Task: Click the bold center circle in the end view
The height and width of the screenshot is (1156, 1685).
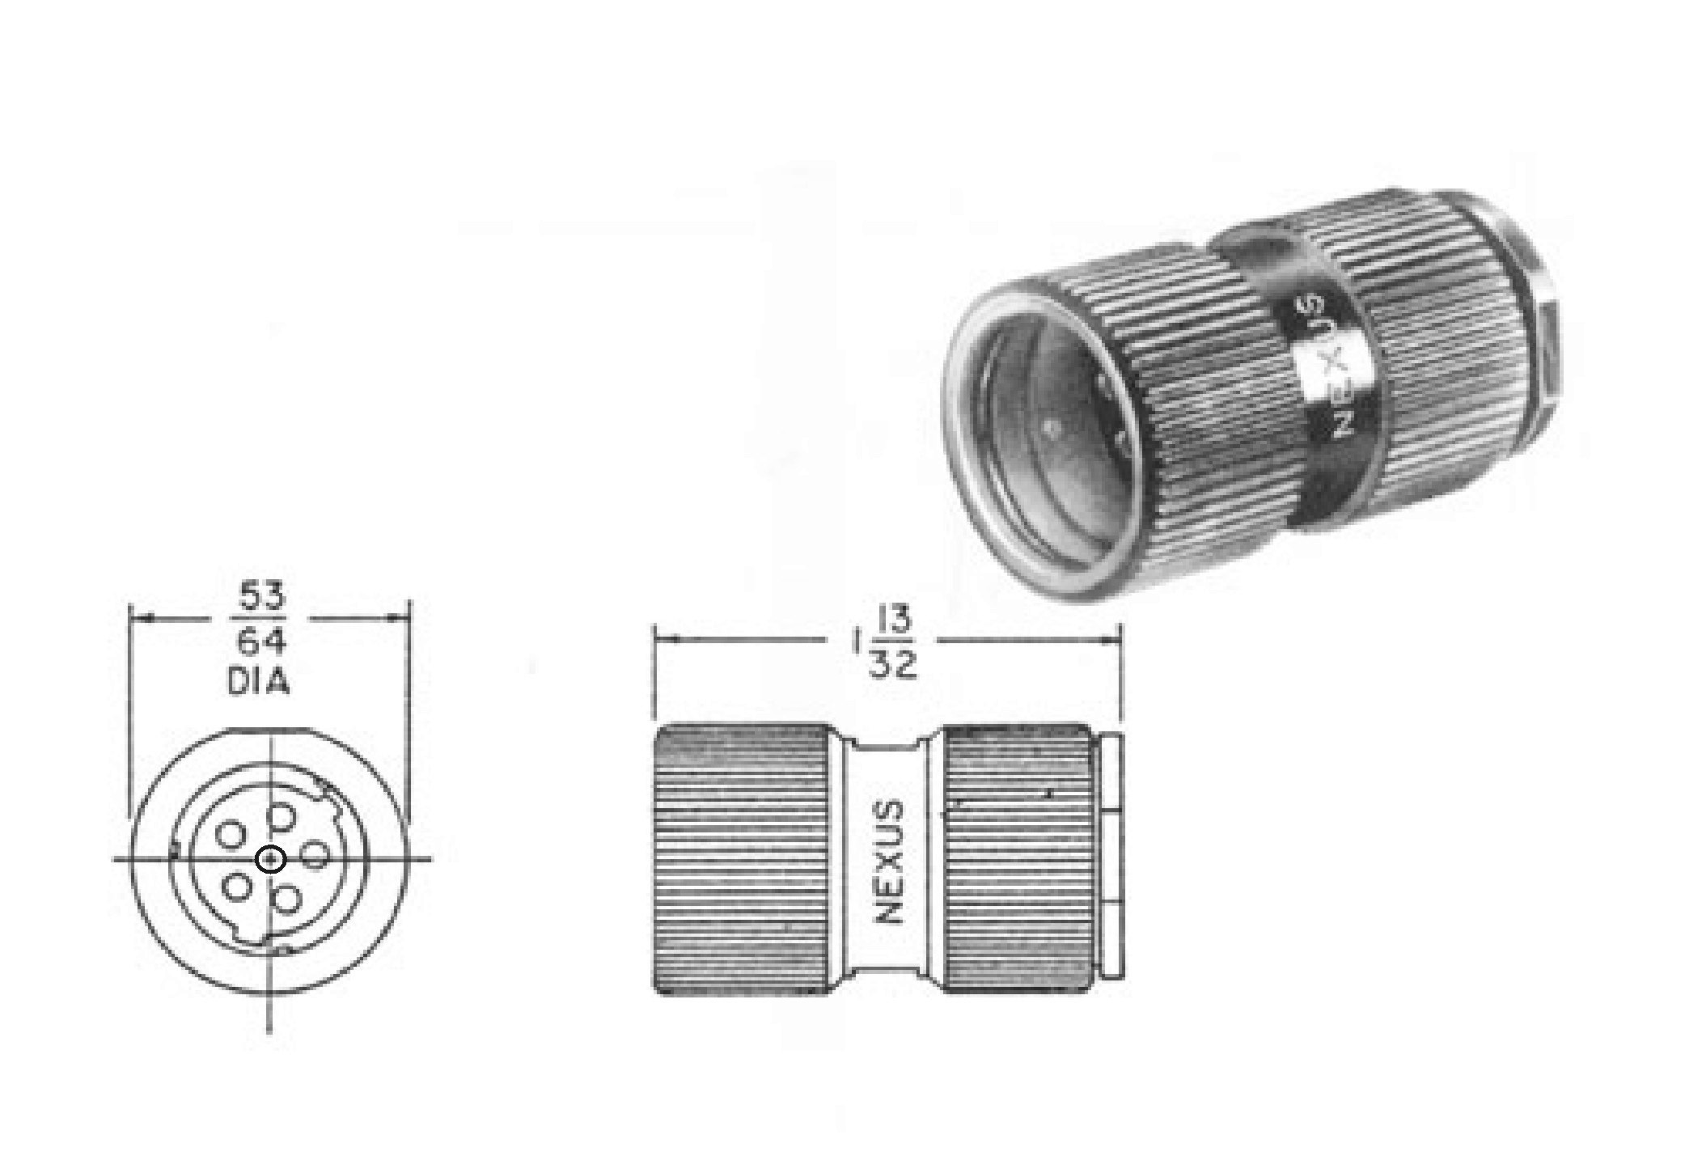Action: coord(270,859)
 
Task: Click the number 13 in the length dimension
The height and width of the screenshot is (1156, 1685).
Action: coord(892,622)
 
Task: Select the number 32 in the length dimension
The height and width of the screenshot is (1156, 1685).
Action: coord(893,665)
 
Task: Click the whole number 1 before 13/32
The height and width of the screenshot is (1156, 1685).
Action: coord(855,643)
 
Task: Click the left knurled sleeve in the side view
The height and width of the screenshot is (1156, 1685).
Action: coord(740,859)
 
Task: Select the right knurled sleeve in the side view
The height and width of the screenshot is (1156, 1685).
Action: coord(1015,859)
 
